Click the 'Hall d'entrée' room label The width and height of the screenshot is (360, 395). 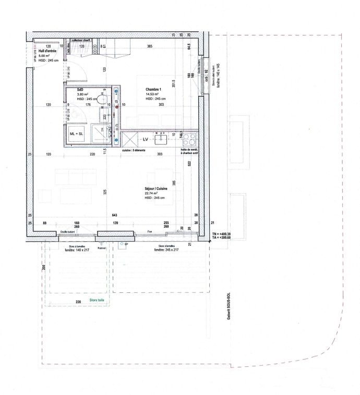(x=47, y=51)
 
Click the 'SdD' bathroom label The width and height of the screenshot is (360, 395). (x=80, y=90)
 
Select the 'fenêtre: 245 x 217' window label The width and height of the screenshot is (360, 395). (x=166, y=250)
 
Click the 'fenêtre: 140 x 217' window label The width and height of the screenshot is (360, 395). (x=76, y=250)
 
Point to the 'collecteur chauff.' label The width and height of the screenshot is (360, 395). (x=82, y=40)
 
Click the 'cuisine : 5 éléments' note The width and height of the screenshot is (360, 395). (x=134, y=151)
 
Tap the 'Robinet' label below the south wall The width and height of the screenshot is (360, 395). (x=102, y=249)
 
